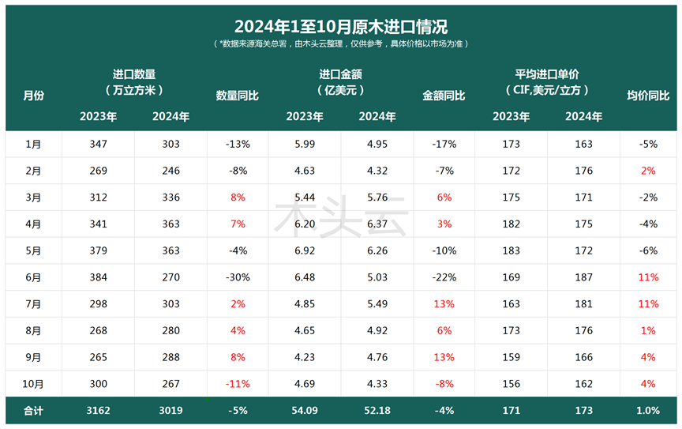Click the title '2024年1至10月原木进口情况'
click(x=341, y=26)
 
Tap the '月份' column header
click(x=33, y=96)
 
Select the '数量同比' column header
click(x=237, y=96)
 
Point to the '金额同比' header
click(x=444, y=96)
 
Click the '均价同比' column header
click(x=648, y=96)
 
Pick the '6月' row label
click(x=33, y=277)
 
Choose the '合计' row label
click(x=33, y=411)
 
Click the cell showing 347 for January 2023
click(x=98, y=145)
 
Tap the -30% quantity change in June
click(x=237, y=277)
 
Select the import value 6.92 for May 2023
click(x=304, y=250)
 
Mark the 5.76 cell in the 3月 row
click(x=377, y=198)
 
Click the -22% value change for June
click(x=444, y=277)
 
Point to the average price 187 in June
click(x=583, y=277)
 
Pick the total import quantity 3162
click(x=98, y=411)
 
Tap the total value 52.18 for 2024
click(x=377, y=411)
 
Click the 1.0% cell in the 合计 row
click(x=648, y=411)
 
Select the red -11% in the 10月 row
click(x=237, y=384)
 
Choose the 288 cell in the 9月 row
click(x=170, y=357)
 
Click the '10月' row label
click(x=33, y=384)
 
